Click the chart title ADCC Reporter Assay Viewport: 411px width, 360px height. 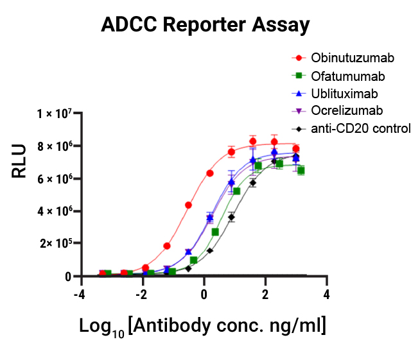[205, 25]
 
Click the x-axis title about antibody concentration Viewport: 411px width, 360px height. [203, 326]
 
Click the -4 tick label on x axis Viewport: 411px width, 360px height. [78, 294]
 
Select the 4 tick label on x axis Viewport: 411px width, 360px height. [327, 294]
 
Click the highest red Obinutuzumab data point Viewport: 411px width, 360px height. [253, 141]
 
